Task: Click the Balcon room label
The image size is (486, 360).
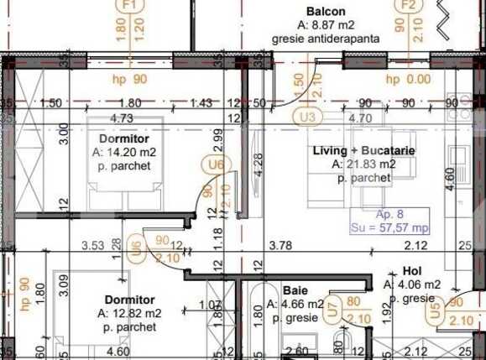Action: click(326, 11)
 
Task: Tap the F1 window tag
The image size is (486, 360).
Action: click(128, 4)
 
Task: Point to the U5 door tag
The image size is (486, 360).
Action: click(435, 312)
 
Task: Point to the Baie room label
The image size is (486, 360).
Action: click(295, 290)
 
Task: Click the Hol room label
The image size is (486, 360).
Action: click(412, 272)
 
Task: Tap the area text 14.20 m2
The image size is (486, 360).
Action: click(123, 154)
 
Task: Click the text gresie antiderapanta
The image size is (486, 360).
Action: click(327, 39)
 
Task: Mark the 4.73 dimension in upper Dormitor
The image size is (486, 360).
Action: click(122, 118)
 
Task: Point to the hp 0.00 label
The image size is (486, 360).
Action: click(404, 80)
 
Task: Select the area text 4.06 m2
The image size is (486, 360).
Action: click(415, 285)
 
